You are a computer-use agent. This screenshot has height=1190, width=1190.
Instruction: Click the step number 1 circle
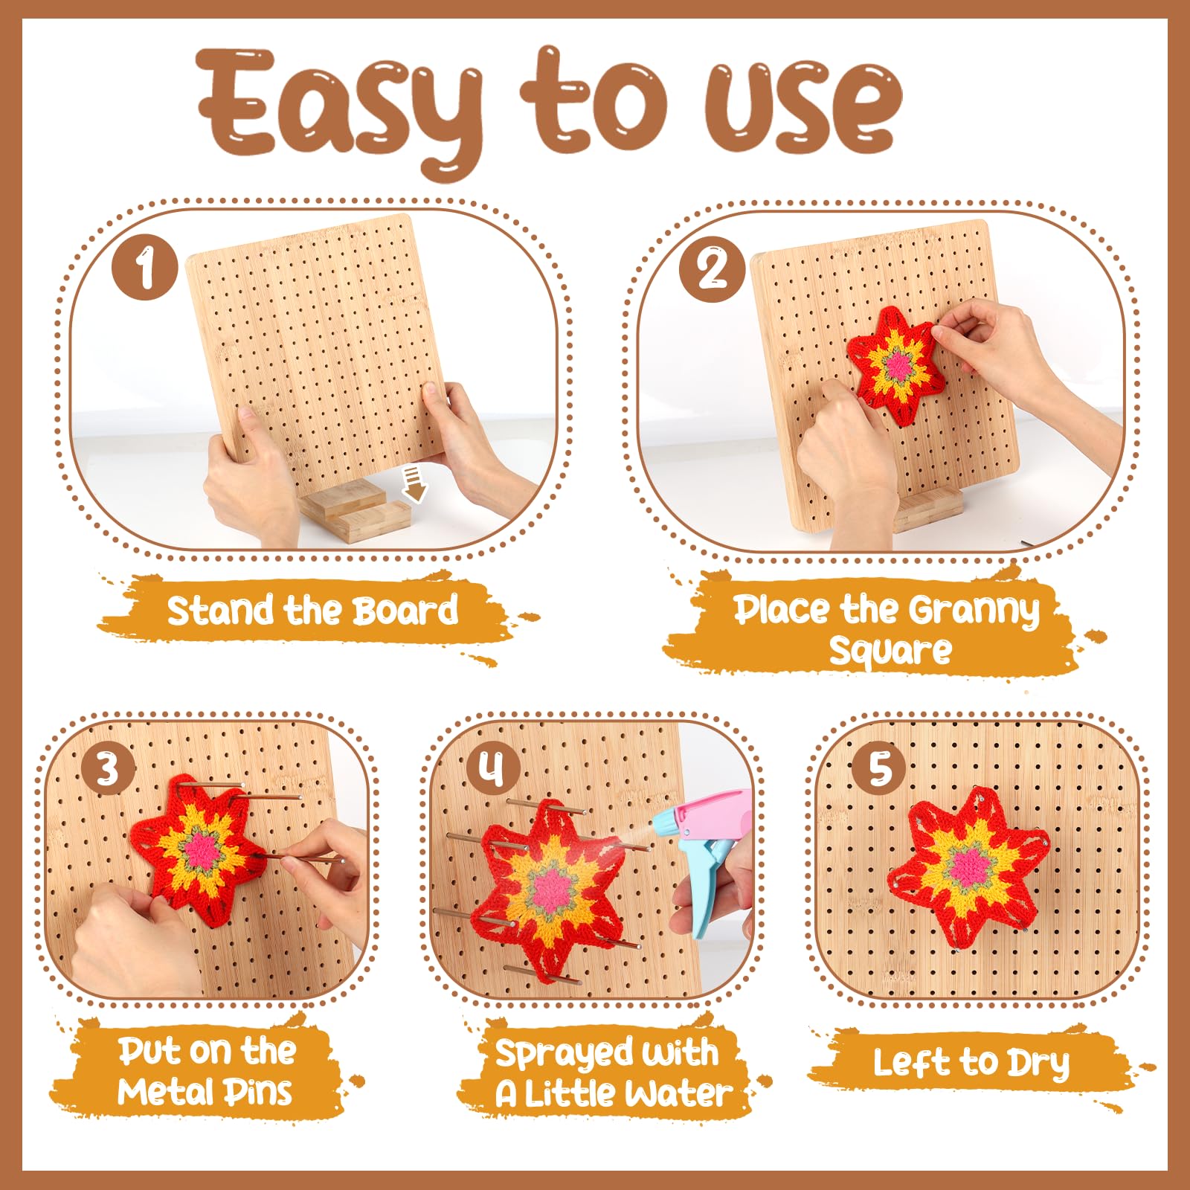click(x=145, y=268)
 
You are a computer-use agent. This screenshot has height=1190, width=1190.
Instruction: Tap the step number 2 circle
click(x=712, y=268)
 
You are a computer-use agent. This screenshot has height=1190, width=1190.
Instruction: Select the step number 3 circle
click(x=108, y=768)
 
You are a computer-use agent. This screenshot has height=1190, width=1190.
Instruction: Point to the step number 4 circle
click(x=492, y=768)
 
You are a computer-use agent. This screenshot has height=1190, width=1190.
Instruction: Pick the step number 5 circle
click(x=880, y=768)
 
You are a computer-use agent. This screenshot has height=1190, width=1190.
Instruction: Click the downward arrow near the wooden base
click(x=414, y=483)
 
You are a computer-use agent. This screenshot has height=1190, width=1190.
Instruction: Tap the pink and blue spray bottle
click(x=702, y=855)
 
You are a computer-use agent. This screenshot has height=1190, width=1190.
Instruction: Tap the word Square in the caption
click(x=890, y=652)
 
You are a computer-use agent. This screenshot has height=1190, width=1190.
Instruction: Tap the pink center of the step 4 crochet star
click(x=551, y=888)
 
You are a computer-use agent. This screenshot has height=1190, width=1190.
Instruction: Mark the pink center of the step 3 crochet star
click(x=202, y=852)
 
